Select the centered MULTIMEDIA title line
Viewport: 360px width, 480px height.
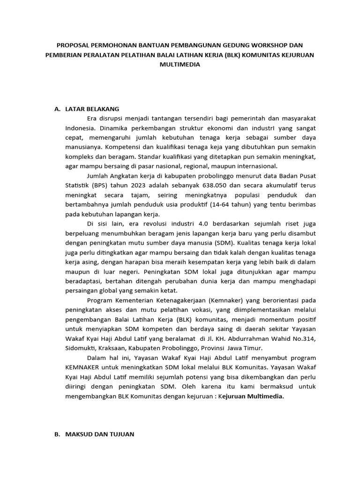point(180,65)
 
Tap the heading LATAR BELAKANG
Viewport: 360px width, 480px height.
point(93,109)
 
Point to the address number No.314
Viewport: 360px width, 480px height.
point(302,339)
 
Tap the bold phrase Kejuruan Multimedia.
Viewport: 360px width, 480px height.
point(253,396)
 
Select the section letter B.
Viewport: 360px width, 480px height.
point(57,435)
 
